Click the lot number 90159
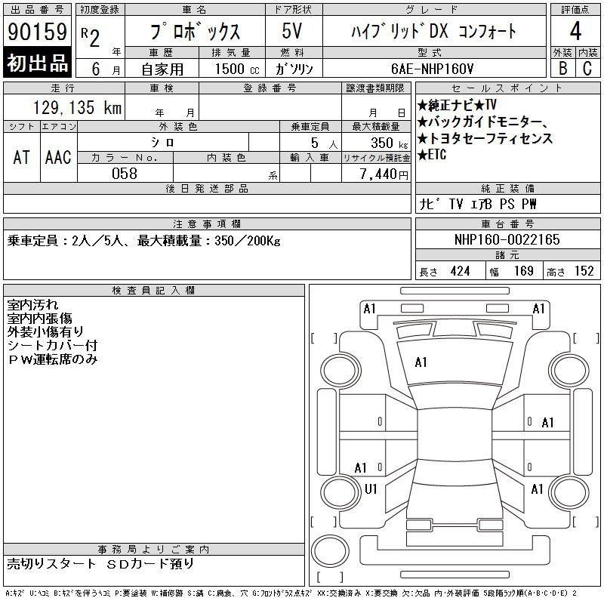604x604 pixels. coord(37,32)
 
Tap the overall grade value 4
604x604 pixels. coord(575,31)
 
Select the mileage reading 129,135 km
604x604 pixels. coord(78,107)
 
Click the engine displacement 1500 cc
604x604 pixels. coord(237,69)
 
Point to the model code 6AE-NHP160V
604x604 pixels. coord(432,69)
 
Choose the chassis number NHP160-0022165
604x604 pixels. coord(507,239)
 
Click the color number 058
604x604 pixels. coord(125,174)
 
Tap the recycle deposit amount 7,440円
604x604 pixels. coord(384,174)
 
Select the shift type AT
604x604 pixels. coord(22,157)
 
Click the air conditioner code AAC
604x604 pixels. coord(58,157)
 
